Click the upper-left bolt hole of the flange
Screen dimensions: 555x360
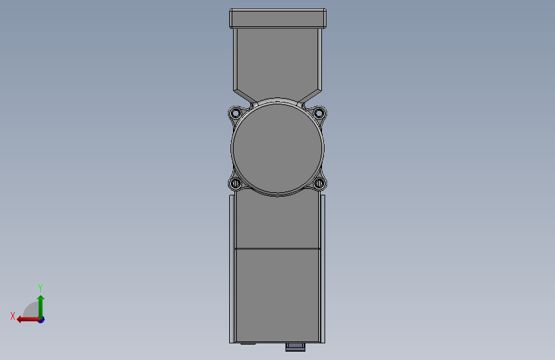(236, 113)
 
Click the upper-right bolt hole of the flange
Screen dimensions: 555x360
(319, 113)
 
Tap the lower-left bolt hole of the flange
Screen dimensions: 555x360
(236, 184)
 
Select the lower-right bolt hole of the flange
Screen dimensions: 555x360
(319, 184)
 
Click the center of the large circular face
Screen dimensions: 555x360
(278, 148)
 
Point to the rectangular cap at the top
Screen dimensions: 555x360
(278, 19)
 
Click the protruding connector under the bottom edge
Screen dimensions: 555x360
(295, 347)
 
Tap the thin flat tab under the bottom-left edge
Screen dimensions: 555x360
(248, 343)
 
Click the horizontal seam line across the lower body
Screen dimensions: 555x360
(278, 249)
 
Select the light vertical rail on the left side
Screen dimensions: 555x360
(232, 269)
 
